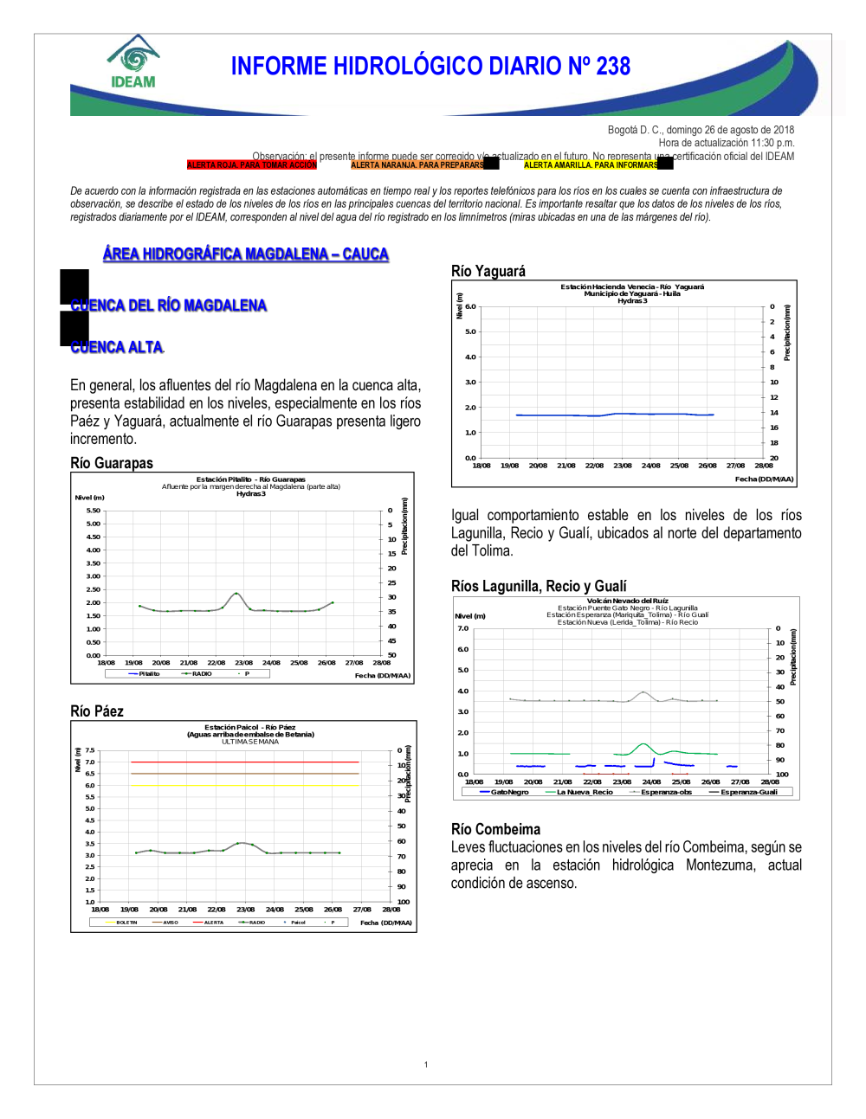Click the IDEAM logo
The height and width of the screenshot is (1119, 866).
pos(133,62)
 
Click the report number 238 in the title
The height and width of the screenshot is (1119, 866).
pos(611,67)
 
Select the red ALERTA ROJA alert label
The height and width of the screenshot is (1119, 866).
pos(252,165)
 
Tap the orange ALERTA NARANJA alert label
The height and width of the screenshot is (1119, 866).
pos(417,165)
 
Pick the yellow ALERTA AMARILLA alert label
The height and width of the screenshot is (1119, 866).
pos(591,165)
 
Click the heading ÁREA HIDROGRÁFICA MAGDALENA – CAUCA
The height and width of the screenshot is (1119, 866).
pos(246,254)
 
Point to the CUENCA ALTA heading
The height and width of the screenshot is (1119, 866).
pos(117,347)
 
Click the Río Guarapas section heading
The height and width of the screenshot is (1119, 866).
pos(112,463)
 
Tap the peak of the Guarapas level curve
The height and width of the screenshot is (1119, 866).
pos(236,593)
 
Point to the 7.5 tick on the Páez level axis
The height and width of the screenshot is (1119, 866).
pos(90,750)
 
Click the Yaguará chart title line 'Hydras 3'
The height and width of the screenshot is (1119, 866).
pos(632,301)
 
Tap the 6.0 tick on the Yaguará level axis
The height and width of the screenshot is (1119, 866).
pos(470,306)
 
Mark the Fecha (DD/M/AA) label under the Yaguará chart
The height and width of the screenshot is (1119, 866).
pos(764,479)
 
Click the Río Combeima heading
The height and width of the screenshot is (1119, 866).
pos(495,829)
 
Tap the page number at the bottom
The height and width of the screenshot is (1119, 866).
pos(426,1064)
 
